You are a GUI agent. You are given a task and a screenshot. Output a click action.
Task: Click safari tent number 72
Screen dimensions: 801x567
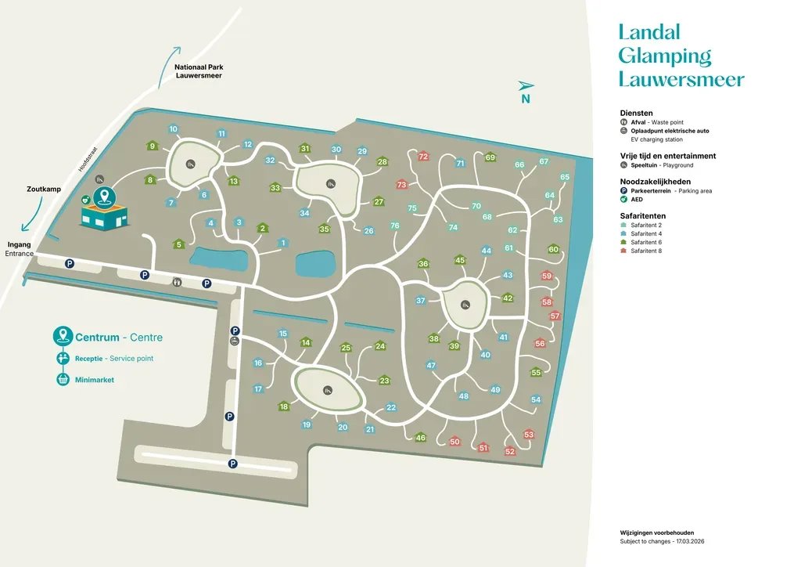coord(423,156)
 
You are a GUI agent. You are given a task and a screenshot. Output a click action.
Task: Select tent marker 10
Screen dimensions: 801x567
coord(173,129)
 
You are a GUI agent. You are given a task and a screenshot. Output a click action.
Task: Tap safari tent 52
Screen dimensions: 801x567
coord(510,451)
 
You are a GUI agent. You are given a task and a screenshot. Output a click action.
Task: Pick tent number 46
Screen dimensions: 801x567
coord(420,437)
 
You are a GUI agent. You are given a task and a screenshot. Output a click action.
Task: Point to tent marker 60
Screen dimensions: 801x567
coord(554,249)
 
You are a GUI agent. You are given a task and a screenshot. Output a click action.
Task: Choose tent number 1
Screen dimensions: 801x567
coord(283,243)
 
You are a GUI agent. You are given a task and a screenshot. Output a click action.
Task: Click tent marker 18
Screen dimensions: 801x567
coord(284,406)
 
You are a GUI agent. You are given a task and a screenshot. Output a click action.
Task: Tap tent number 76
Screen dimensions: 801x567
coord(395,226)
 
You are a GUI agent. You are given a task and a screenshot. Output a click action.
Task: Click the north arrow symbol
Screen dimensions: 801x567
coord(526,85)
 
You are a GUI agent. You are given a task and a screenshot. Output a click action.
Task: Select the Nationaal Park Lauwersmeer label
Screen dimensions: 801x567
coord(199,71)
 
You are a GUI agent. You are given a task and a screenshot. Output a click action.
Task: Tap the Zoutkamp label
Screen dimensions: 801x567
coord(44,190)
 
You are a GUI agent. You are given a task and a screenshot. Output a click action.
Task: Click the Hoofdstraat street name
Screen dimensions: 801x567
coord(88,159)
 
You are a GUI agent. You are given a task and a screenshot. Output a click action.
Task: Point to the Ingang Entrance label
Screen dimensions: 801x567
coord(20,249)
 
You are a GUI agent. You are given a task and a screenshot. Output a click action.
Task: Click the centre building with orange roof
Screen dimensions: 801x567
coord(104,215)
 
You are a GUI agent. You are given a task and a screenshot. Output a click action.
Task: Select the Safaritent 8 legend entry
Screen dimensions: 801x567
coord(641,251)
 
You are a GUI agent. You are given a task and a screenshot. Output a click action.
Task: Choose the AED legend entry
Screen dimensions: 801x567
coord(631,200)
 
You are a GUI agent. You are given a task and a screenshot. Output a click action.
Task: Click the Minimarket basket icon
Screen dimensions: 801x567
coord(63,379)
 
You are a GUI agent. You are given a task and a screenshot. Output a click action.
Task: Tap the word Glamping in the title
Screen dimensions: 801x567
coord(665,56)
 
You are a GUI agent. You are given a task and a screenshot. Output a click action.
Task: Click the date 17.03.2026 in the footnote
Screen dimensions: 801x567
coord(690,541)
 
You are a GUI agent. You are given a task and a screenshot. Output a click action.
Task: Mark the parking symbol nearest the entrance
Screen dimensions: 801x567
coord(70,263)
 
